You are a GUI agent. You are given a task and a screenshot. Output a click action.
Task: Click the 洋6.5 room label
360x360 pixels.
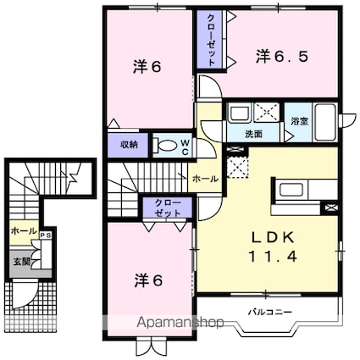(281, 57)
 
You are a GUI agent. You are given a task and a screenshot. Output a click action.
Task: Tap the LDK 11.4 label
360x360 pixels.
(273, 247)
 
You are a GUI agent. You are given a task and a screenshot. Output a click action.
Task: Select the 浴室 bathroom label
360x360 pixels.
(299, 121)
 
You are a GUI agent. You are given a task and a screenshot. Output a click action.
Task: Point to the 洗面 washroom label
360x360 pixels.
(253, 134)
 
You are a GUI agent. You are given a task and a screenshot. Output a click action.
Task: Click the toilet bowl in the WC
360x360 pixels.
(166, 145)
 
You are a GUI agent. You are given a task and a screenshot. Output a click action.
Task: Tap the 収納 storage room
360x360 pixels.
(128, 145)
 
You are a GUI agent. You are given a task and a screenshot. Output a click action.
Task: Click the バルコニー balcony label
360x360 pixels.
(269, 312)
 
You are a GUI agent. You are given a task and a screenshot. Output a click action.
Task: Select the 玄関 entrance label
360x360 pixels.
(21, 262)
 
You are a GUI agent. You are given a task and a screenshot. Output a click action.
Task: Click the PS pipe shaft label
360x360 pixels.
(46, 235)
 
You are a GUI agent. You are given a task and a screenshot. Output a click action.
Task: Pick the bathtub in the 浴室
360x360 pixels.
(325, 122)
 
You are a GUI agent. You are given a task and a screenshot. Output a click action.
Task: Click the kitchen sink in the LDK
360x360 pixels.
(291, 191)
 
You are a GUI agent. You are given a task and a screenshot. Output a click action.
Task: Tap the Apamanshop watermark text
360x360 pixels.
(180, 323)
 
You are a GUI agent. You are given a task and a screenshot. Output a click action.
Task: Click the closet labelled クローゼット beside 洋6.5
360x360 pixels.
(211, 40)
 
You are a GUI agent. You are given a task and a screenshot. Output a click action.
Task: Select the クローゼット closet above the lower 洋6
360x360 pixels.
(168, 208)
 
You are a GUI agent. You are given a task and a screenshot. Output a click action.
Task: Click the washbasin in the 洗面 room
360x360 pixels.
(240, 113)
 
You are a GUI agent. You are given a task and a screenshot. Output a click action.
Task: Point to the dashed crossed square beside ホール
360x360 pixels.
(237, 168)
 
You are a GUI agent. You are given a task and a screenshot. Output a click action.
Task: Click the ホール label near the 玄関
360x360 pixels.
(24, 231)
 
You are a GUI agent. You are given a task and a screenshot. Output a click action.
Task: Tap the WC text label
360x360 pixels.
(185, 147)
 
